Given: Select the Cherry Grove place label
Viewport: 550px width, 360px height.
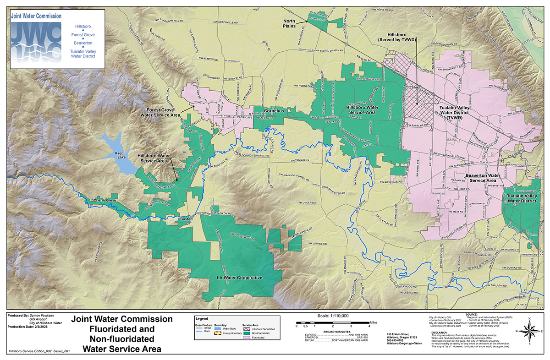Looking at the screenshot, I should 105,201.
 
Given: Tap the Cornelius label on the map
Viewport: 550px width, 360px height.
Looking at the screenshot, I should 275,111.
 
